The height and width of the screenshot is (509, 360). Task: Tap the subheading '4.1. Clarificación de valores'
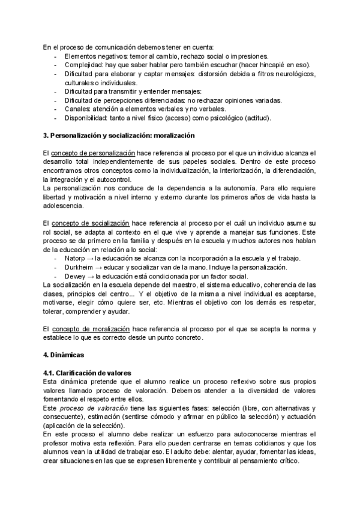click(x=86, y=373)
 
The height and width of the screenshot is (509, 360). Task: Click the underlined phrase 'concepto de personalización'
click(x=93, y=154)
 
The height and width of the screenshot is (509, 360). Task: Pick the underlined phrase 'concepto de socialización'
click(x=90, y=223)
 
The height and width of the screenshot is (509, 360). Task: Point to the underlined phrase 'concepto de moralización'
click(x=91, y=329)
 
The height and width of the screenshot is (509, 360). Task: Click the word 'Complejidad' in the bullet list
click(x=83, y=65)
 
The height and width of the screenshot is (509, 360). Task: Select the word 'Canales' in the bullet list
click(x=76, y=109)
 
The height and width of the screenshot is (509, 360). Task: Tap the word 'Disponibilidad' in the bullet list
click(x=87, y=118)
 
